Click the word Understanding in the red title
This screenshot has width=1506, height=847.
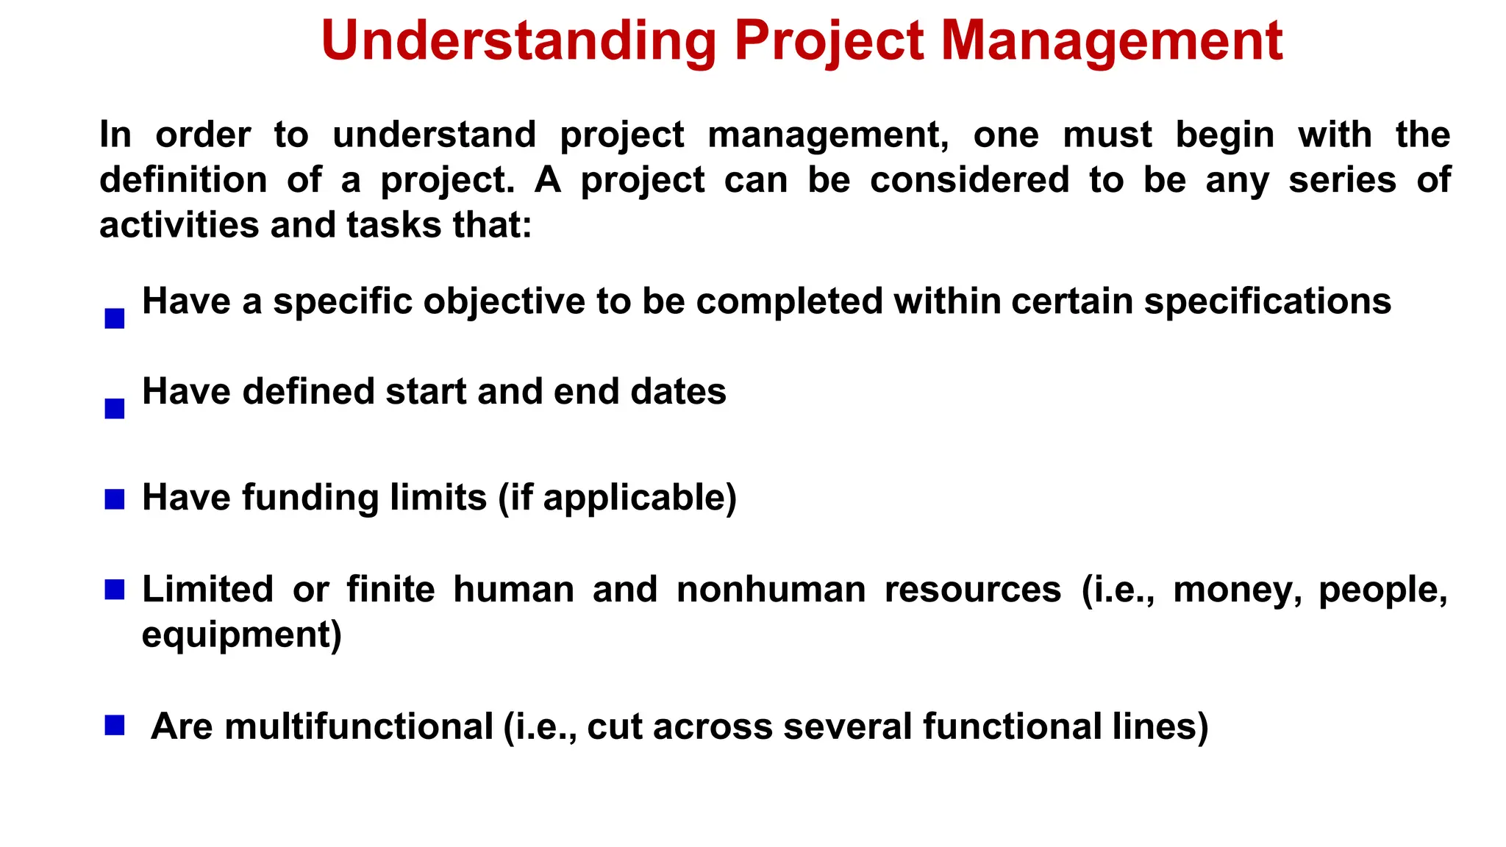click(x=518, y=41)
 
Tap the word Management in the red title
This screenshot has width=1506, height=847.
click(x=1112, y=41)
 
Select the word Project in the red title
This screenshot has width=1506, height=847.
click(x=829, y=41)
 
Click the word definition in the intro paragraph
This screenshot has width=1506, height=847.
click(x=183, y=179)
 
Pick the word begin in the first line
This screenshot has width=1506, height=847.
click(x=1224, y=135)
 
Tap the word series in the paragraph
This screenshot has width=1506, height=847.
click(x=1342, y=179)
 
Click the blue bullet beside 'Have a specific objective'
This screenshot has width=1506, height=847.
click(x=115, y=318)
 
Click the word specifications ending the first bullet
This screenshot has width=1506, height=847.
click(x=1267, y=301)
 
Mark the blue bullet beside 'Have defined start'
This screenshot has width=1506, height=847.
click(x=115, y=409)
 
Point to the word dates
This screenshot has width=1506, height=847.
click(x=678, y=391)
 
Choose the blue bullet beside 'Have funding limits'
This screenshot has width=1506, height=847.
click(x=115, y=499)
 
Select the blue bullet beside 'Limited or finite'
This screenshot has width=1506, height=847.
click(x=115, y=590)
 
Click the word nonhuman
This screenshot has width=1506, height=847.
click(x=771, y=590)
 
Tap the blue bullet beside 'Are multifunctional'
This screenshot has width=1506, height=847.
click(x=115, y=726)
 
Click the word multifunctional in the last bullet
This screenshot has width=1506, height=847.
click(x=359, y=726)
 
